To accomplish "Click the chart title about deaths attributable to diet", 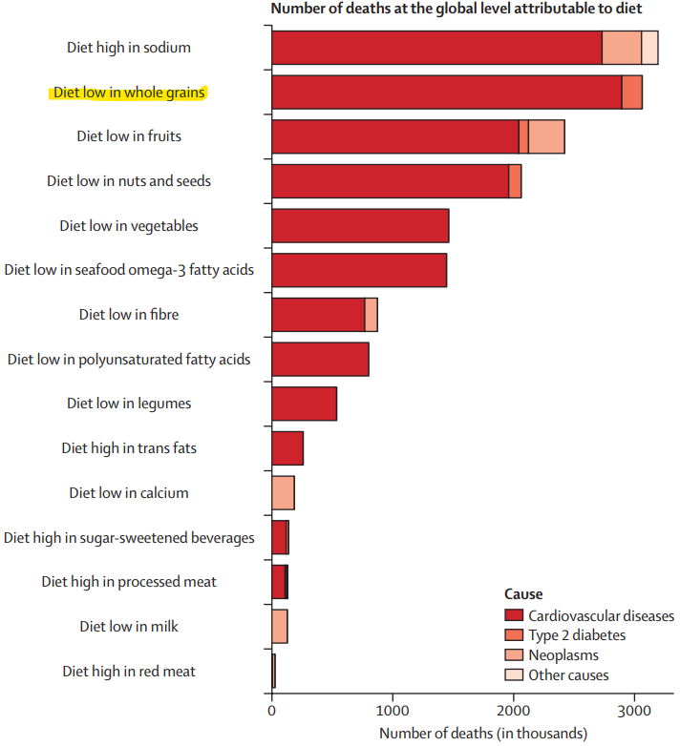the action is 457,9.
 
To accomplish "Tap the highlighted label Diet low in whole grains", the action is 129,92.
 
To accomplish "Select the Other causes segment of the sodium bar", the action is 649,48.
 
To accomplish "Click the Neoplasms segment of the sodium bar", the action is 622,48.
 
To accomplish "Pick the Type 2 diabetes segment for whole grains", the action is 632,93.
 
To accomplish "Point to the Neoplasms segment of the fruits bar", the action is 546,136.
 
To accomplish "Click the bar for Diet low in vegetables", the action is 360,225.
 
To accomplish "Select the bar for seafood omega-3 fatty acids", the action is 359,270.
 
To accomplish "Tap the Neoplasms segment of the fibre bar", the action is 372,315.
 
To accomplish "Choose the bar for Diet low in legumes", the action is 305,404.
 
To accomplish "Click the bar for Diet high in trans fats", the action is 287,448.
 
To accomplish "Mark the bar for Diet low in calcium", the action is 284,493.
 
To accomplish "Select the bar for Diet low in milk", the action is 280,626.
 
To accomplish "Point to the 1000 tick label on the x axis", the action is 393,711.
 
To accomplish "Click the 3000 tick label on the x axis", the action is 634,711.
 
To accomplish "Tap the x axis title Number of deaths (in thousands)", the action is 483,734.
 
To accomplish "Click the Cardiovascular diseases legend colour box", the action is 514,615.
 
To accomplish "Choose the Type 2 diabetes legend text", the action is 577,635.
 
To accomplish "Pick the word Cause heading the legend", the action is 523,594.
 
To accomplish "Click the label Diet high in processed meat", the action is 129,582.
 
